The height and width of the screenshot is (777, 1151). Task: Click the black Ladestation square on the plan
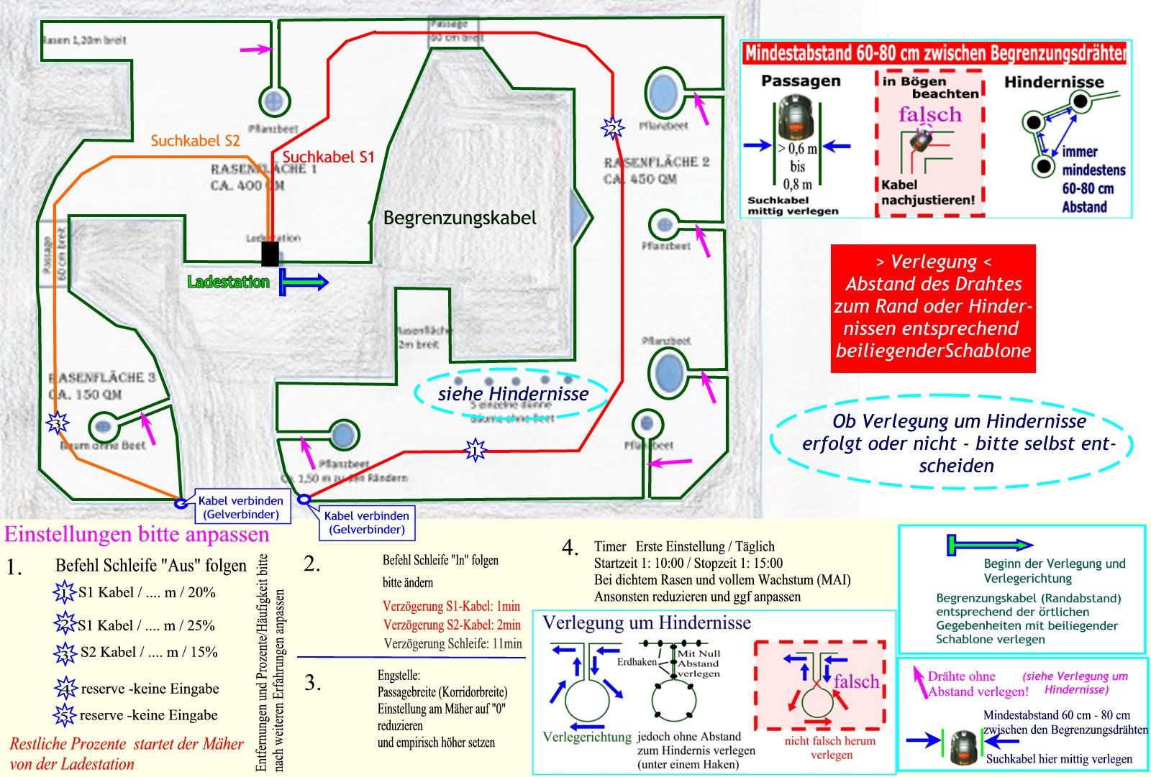pyautogui.click(x=270, y=254)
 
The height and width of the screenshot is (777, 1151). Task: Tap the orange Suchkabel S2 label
pyautogui.click(x=195, y=141)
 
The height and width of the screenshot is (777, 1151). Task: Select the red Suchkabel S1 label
pyautogui.click(x=328, y=157)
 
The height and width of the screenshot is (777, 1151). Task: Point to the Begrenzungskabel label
pyautogui.click(x=460, y=218)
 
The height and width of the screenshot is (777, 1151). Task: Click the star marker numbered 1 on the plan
pyautogui.click(x=475, y=451)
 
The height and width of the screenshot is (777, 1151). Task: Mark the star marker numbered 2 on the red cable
pyautogui.click(x=612, y=129)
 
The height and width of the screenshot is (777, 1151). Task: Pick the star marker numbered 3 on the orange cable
pyautogui.click(x=57, y=423)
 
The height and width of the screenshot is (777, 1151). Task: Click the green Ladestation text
pyautogui.click(x=228, y=282)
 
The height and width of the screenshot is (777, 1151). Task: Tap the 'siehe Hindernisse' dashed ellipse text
pyautogui.click(x=513, y=394)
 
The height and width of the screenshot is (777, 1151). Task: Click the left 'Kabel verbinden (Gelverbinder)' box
pyautogui.click(x=241, y=507)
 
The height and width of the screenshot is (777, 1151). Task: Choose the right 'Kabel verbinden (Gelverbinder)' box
pyautogui.click(x=367, y=523)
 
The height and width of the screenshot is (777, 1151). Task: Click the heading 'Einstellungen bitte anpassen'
pyautogui.click(x=137, y=535)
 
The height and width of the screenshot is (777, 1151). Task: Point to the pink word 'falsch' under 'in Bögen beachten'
pyautogui.click(x=929, y=114)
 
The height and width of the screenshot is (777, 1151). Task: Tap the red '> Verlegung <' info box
pyautogui.click(x=933, y=308)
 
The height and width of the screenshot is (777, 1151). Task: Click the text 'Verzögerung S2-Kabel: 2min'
pyautogui.click(x=452, y=625)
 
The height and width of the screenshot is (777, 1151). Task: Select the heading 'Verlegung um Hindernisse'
pyautogui.click(x=646, y=622)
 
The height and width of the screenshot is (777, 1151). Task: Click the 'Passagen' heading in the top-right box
pyautogui.click(x=801, y=81)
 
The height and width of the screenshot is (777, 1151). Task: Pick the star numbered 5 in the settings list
pyautogui.click(x=65, y=715)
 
